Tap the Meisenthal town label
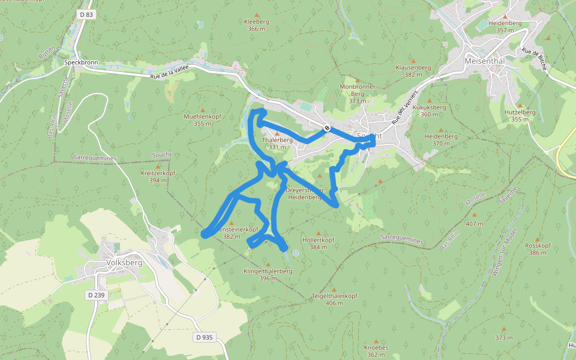pyautogui.click(x=487, y=61)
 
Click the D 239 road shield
pyautogui.click(x=96, y=295)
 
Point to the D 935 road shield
pyautogui.click(x=204, y=337)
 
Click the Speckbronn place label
pyautogui.click(x=81, y=62)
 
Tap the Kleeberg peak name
pyautogui.click(x=256, y=22)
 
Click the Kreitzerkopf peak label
pyautogui.click(x=158, y=173)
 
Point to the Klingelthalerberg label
pyautogui.click(x=268, y=271)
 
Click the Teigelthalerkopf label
pyautogui.click(x=334, y=296)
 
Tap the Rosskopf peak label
pyautogui.click(x=538, y=245)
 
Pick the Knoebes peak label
pyautogui.click(x=376, y=347)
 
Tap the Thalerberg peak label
pyautogui.click(x=277, y=140)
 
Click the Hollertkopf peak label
pyautogui.click(x=319, y=239)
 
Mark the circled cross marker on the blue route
pyautogui.click(x=327, y=128)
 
